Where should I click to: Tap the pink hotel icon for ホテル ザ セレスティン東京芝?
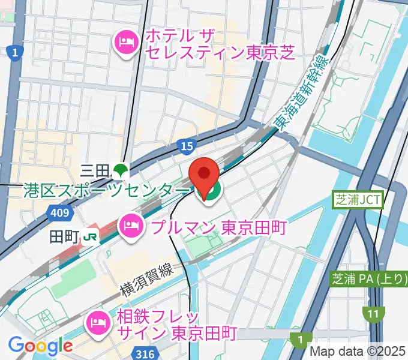(x=127, y=41)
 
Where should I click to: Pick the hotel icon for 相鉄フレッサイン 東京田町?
(x=97, y=325)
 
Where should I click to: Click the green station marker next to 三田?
(x=121, y=171)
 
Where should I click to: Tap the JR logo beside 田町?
(x=91, y=236)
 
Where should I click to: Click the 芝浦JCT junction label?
(x=358, y=200)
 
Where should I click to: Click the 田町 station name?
(x=64, y=236)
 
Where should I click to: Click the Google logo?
(x=40, y=346)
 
